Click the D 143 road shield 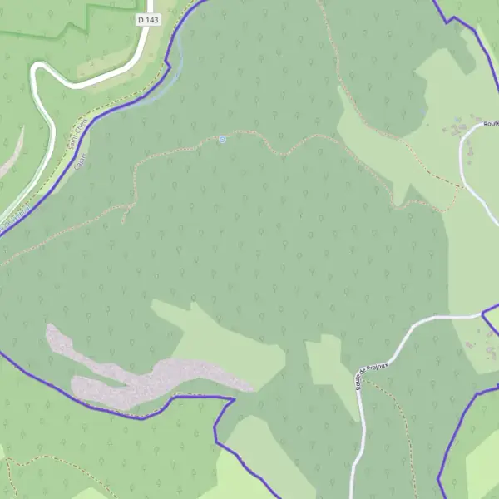148,18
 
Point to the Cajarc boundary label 81,161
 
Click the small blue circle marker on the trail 222,140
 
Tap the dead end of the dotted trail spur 123,223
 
